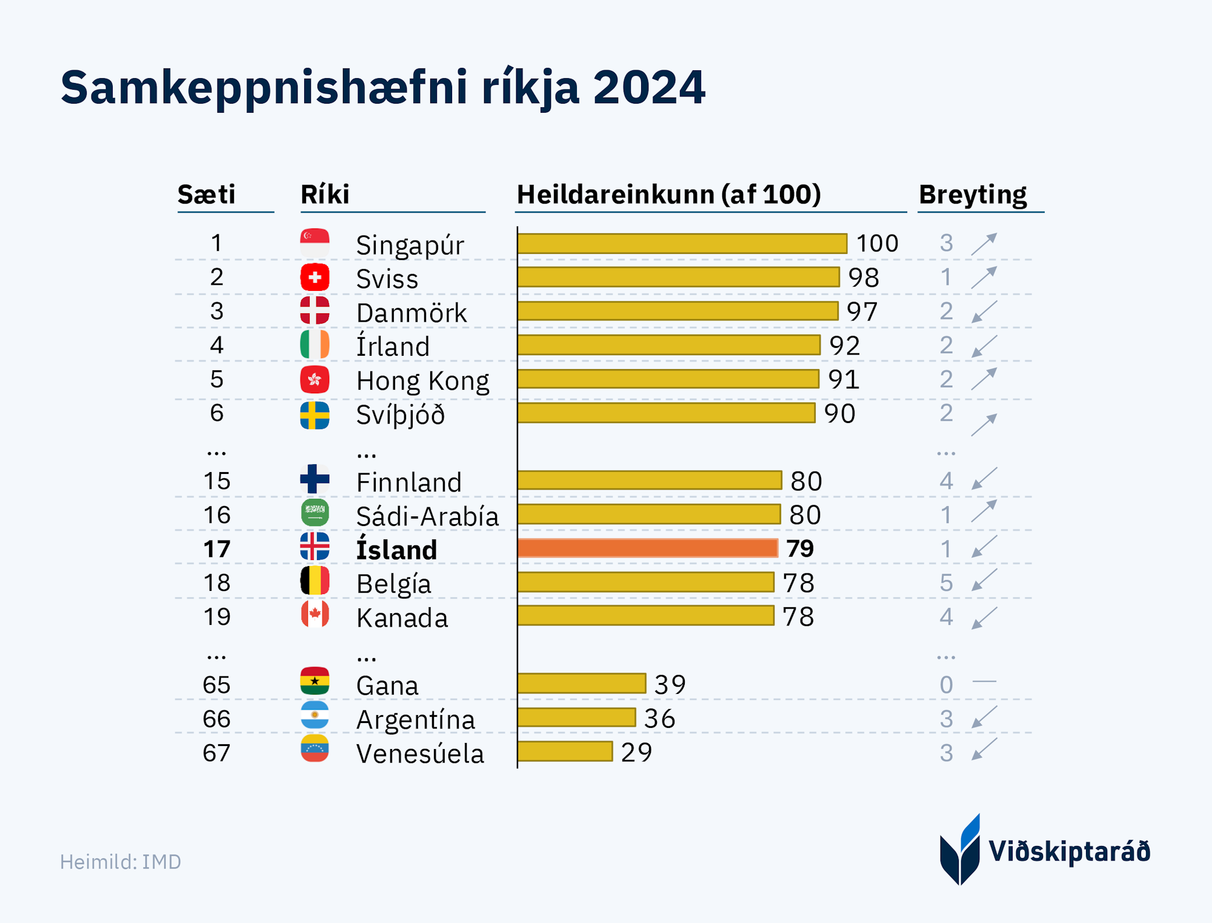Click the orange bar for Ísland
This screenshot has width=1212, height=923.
click(x=647, y=548)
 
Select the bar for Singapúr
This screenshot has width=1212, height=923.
click(x=682, y=243)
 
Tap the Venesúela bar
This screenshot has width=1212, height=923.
click(x=565, y=751)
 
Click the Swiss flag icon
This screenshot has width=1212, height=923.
click(x=315, y=278)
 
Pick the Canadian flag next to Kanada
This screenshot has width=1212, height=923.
click(x=315, y=615)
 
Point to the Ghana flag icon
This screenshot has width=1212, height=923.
click(x=315, y=682)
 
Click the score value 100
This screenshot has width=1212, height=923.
click(x=877, y=243)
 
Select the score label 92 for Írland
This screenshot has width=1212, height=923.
click(x=845, y=345)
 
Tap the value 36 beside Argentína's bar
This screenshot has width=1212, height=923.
click(x=659, y=719)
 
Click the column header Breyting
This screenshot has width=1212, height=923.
click(x=973, y=195)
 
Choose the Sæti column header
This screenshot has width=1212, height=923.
click(x=206, y=195)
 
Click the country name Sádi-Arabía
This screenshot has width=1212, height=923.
click(x=427, y=516)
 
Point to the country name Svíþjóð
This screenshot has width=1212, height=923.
click(x=401, y=415)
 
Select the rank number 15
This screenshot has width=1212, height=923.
click(x=216, y=481)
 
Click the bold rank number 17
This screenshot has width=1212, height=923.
click(x=216, y=549)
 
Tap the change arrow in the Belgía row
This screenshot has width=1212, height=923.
click(x=984, y=580)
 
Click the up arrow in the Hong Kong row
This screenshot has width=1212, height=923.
click(x=984, y=379)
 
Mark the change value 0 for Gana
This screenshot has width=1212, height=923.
click(x=946, y=685)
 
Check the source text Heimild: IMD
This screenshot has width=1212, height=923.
click(x=121, y=862)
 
